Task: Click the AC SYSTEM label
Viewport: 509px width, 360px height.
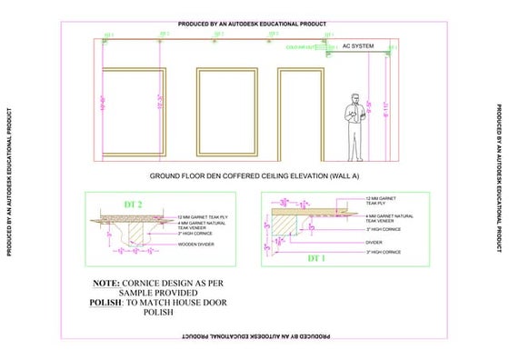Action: [x=357, y=45]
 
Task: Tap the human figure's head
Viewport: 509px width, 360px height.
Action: [x=354, y=96]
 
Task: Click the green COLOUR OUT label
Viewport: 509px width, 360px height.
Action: [x=304, y=45]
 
